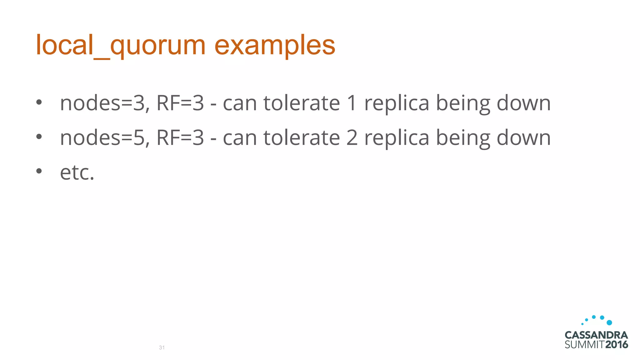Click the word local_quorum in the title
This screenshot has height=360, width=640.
(x=120, y=45)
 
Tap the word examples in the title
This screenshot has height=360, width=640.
(x=275, y=45)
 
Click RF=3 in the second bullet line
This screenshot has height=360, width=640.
(x=180, y=137)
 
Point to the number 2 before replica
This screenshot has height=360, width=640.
(x=352, y=137)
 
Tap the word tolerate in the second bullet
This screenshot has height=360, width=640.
(x=302, y=137)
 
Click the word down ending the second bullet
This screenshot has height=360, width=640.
(x=523, y=137)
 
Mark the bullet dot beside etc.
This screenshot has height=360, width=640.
(x=39, y=171)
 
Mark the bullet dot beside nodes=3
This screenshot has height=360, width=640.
(x=39, y=102)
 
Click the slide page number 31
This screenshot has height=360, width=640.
(x=162, y=347)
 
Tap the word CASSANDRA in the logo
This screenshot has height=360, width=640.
(x=596, y=335)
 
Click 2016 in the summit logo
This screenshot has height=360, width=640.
(x=617, y=345)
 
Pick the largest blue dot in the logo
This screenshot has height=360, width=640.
(x=609, y=322)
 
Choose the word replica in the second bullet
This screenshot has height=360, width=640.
(x=397, y=137)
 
